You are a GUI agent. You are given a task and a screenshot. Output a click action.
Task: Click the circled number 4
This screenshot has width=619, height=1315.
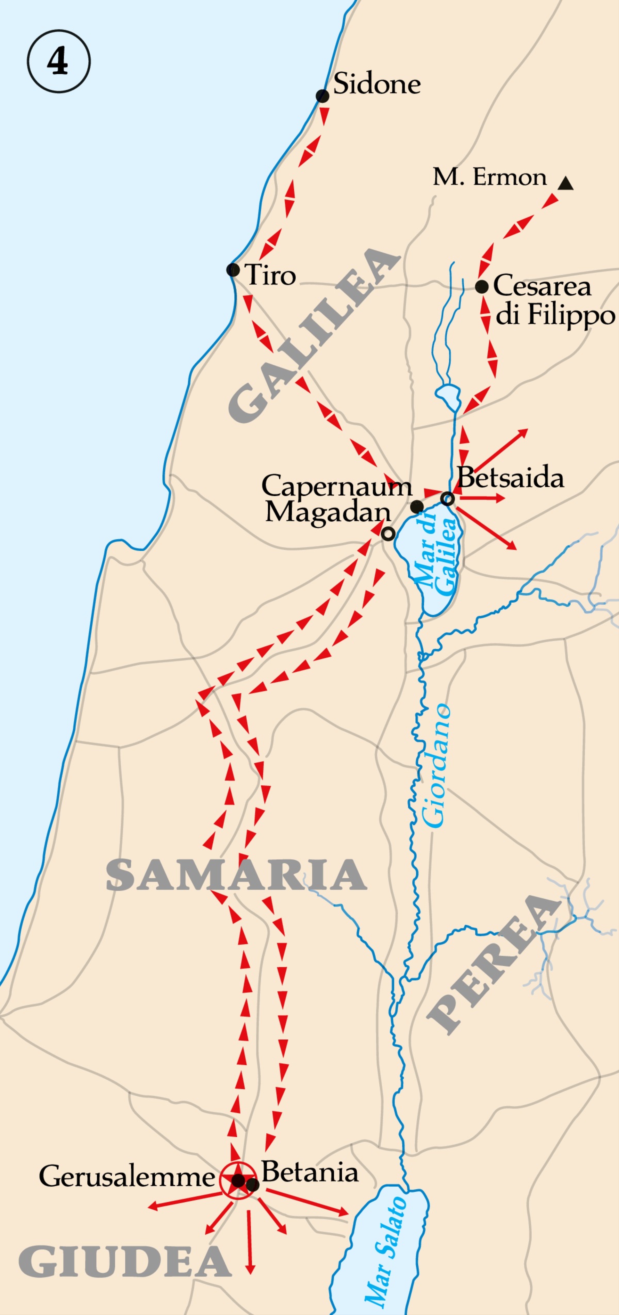pos(58,61)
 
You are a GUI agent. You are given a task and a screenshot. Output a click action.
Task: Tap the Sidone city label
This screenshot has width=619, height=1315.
pos(377,84)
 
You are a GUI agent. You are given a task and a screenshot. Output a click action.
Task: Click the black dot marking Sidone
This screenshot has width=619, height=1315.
pos(322,96)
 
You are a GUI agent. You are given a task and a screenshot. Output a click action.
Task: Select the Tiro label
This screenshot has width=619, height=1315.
pos(270,275)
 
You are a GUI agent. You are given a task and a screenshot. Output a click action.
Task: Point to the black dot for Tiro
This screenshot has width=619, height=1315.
pos(233,269)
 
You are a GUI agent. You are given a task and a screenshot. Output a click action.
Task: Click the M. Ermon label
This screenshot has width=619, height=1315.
pos(489,177)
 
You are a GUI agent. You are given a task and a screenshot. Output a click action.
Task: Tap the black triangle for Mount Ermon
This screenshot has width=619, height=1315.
pos(566,183)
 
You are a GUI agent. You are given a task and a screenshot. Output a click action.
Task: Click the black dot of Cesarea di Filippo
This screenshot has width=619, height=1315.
pos(482,287)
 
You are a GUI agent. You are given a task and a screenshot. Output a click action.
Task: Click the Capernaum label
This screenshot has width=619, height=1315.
pos(336,486)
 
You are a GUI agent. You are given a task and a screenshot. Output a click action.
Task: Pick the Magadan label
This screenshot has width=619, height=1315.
pos(328,512)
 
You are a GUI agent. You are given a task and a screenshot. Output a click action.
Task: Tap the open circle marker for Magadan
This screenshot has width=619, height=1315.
pos(388,534)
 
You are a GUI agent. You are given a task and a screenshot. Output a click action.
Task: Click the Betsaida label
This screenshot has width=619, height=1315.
pos(511,478)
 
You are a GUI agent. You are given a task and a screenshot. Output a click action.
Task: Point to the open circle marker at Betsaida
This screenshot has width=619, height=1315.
pos(448,498)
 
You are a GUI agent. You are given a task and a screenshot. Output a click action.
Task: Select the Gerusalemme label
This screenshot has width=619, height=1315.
pos(126,1177)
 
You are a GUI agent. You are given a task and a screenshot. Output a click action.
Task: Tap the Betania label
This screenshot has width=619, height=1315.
pos(310,1172)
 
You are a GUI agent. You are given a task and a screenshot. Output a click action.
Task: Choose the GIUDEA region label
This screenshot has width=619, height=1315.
pos(125,1262)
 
